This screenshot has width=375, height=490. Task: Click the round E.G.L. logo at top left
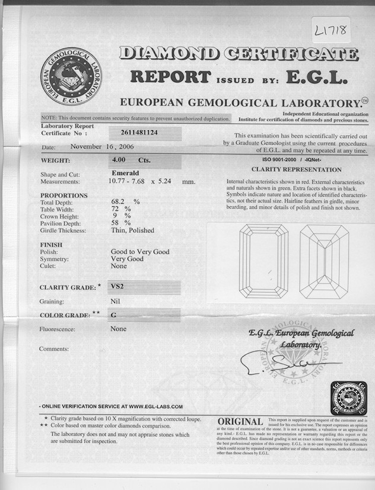point(71,77)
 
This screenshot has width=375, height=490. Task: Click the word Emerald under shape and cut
point(125,173)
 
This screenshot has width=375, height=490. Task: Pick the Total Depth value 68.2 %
point(125,201)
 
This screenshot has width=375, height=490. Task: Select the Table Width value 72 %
point(120,209)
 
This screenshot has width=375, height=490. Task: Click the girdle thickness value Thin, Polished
point(132,230)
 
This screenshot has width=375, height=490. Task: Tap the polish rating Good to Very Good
point(140,252)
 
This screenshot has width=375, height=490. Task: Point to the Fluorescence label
point(57,329)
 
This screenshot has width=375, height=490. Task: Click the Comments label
point(55,349)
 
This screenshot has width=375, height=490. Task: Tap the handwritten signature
point(279,362)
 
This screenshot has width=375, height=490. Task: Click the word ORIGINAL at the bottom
point(240,421)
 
